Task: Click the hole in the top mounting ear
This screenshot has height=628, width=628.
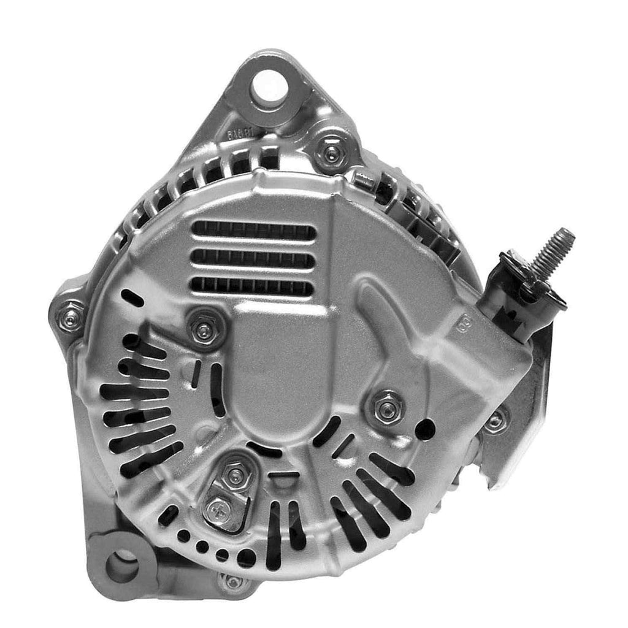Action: click(x=268, y=85)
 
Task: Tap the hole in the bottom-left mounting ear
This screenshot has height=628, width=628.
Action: click(x=123, y=565)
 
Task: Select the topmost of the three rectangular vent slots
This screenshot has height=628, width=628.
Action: click(x=253, y=231)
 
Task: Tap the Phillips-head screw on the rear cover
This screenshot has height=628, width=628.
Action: click(x=217, y=511)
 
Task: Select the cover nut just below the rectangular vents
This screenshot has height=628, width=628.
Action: click(x=204, y=330)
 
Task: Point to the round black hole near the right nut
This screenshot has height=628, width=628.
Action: click(x=425, y=429)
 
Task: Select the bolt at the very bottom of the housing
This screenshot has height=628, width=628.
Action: click(x=233, y=581)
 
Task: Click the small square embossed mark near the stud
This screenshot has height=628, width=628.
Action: click(x=464, y=321)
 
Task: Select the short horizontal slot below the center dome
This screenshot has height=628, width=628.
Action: click(x=284, y=474)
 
